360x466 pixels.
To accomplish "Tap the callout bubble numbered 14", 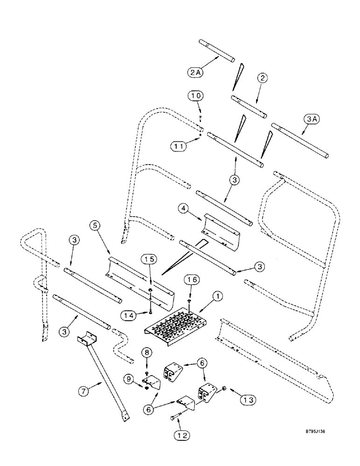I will (x=130, y=315).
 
